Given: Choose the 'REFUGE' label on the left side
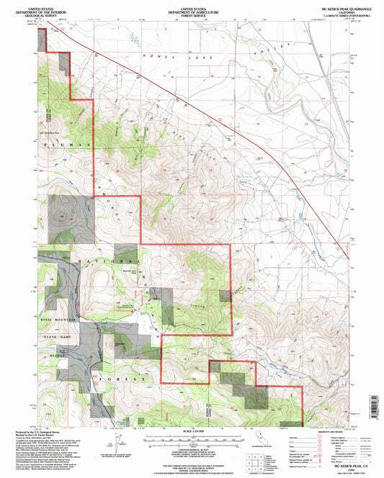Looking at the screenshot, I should click(x=55, y=357).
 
